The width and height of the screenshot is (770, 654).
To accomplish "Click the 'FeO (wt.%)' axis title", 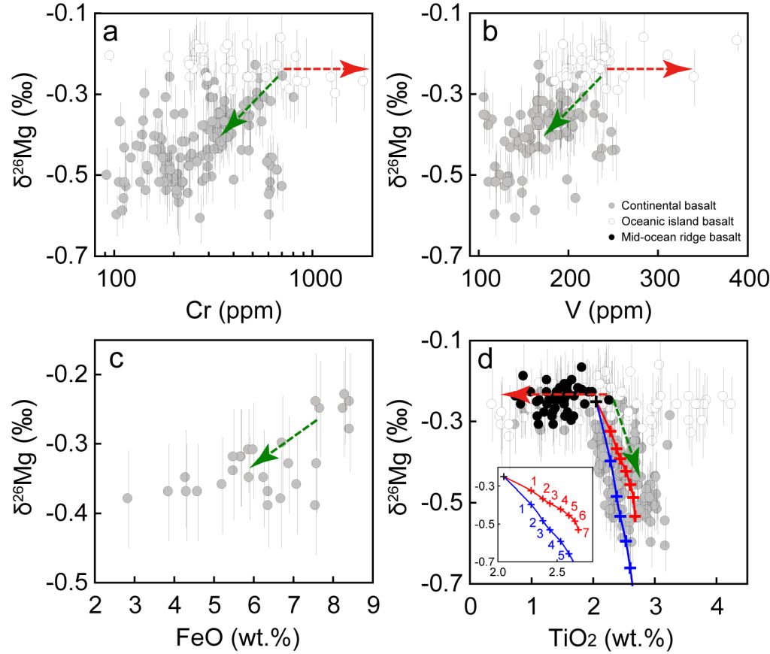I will coord(234,637).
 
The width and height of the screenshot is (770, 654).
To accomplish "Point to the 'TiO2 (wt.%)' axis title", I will coord(608,637).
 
